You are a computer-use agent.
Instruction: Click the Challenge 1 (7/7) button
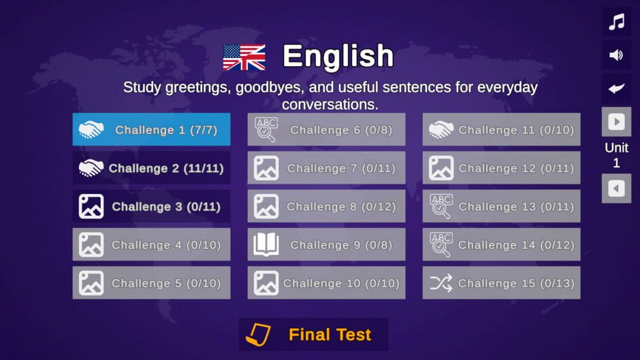tap(151, 129)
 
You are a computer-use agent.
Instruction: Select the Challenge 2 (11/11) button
tap(151, 168)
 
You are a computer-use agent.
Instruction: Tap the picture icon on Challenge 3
tap(91, 206)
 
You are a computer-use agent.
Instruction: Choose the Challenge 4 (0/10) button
tap(151, 244)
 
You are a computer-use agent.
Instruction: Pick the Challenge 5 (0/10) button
tap(151, 283)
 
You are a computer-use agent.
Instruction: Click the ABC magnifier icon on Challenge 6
tap(266, 129)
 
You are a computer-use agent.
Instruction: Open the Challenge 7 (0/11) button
tap(327, 168)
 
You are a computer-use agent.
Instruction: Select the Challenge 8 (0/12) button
tap(327, 206)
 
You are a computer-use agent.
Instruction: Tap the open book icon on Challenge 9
tap(266, 244)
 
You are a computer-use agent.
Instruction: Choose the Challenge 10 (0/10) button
tap(327, 283)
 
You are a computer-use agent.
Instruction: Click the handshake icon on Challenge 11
tap(441, 130)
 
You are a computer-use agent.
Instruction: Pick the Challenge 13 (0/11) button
tap(501, 206)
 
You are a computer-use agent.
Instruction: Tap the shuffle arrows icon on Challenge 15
tap(441, 283)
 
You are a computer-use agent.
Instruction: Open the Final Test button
tap(313, 335)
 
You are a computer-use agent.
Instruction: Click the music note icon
tap(616, 22)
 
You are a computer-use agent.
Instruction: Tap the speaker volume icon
tap(616, 54)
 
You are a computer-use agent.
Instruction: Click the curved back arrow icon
tap(616, 88)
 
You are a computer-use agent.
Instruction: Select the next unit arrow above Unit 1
tap(616, 122)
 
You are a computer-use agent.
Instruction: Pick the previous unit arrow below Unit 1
tap(616, 189)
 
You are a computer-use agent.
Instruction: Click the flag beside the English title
tap(244, 57)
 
